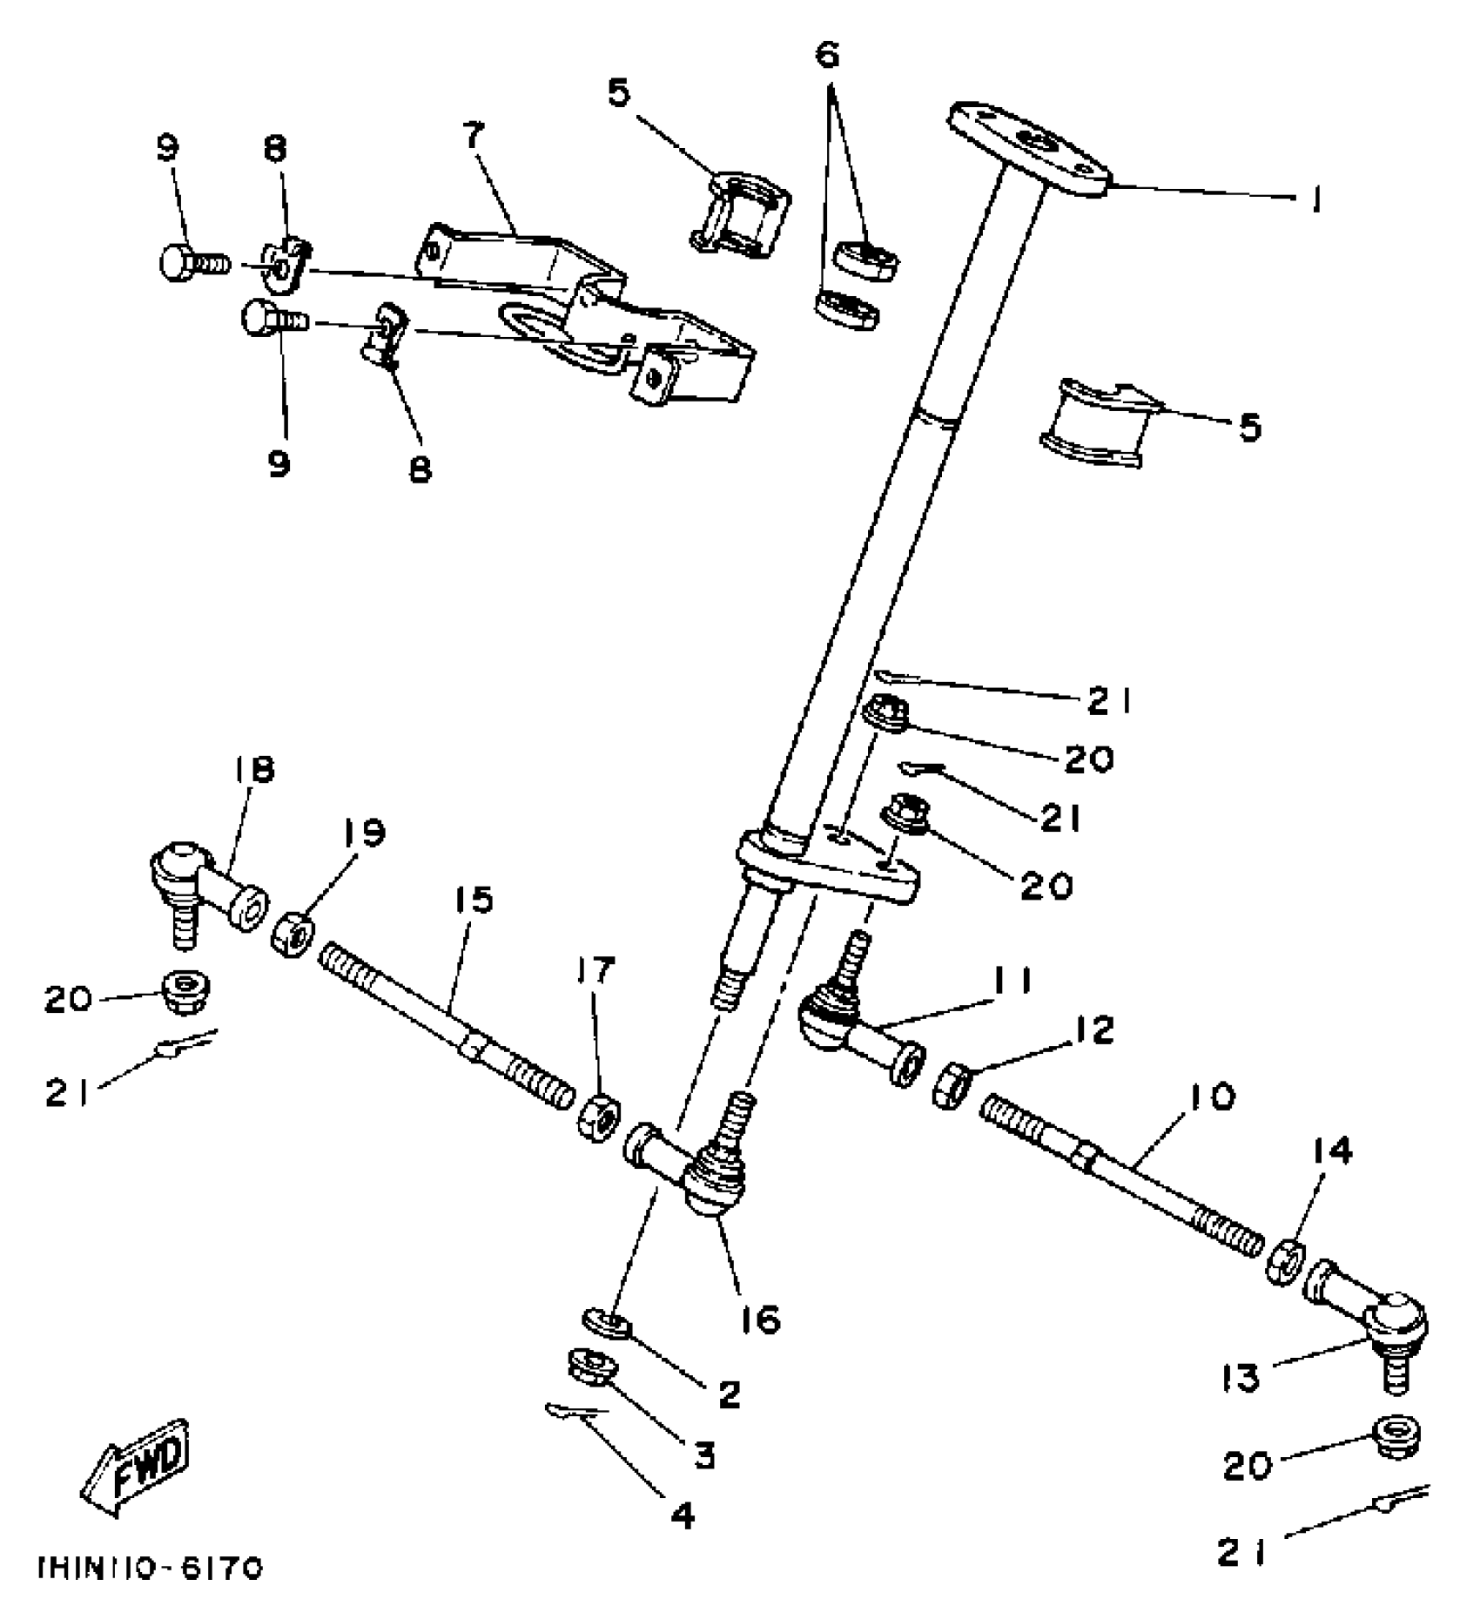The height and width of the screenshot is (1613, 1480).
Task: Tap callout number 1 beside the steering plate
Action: click(1315, 201)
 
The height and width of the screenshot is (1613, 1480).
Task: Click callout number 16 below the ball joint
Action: click(761, 1320)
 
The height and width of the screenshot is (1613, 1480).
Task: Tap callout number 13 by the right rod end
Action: click(1241, 1402)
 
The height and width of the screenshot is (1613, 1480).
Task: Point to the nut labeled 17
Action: click(599, 1117)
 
